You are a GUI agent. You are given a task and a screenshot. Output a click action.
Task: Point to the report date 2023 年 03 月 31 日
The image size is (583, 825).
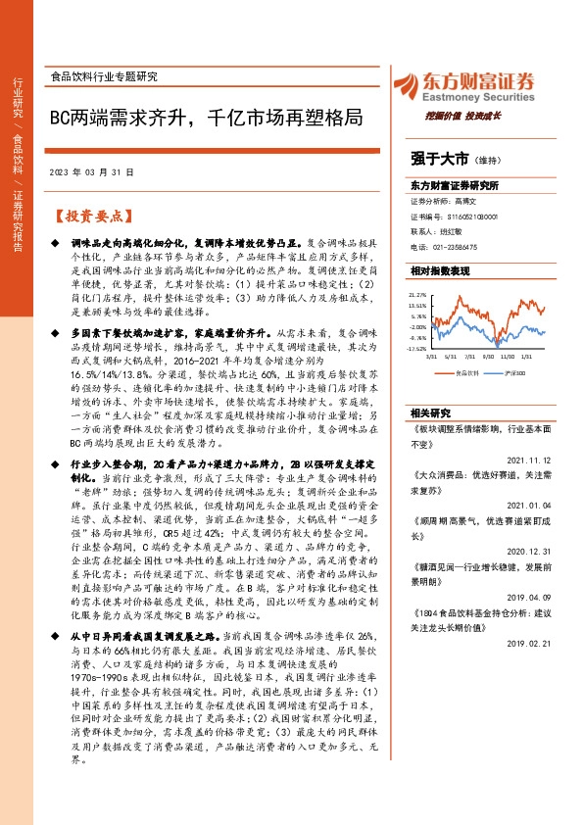(104, 171)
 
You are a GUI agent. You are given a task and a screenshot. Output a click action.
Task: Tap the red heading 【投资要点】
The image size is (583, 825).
(90, 215)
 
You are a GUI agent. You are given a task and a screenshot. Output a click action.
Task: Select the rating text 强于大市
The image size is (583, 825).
(439, 157)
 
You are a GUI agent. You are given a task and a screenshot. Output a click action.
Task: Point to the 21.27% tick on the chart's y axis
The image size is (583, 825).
(418, 293)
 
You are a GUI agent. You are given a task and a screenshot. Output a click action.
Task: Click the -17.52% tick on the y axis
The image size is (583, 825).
(417, 348)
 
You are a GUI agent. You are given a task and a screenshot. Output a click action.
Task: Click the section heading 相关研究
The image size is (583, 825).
(432, 412)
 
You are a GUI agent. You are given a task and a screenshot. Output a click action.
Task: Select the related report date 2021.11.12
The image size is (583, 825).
(532, 459)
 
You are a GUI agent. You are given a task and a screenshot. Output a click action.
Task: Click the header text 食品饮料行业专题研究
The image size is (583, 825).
(103, 75)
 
